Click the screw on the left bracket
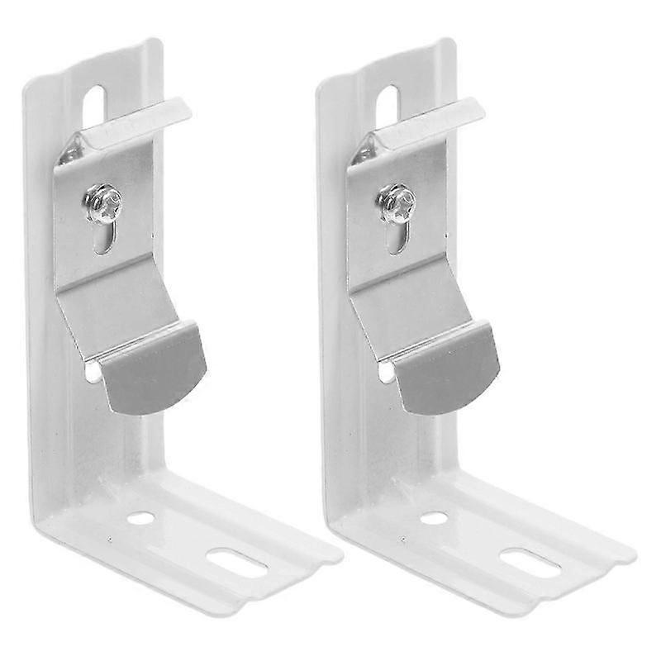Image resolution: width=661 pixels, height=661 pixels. click(x=103, y=202)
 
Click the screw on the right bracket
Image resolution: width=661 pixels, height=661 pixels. click(x=397, y=202)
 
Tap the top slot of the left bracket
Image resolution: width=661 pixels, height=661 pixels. click(x=94, y=106)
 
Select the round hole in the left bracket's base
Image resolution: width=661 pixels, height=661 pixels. click(x=141, y=518)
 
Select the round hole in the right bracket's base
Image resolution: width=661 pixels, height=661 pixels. click(x=435, y=518)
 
